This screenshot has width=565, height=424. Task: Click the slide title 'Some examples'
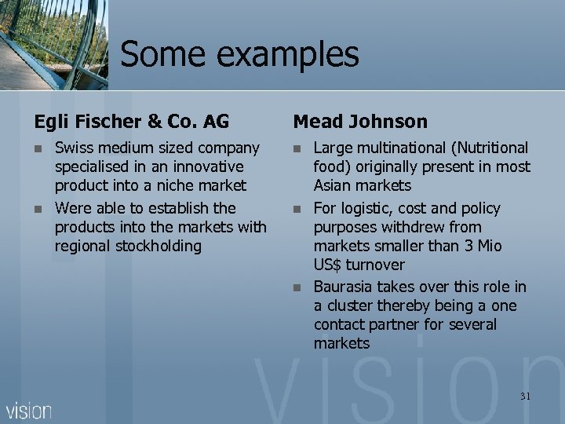pos(239,54)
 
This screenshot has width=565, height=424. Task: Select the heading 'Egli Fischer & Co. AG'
pos(131,122)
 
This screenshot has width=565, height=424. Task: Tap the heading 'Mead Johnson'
pos(360,122)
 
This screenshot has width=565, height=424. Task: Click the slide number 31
pos(525,397)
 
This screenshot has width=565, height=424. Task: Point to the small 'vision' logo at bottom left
pos(29,410)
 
